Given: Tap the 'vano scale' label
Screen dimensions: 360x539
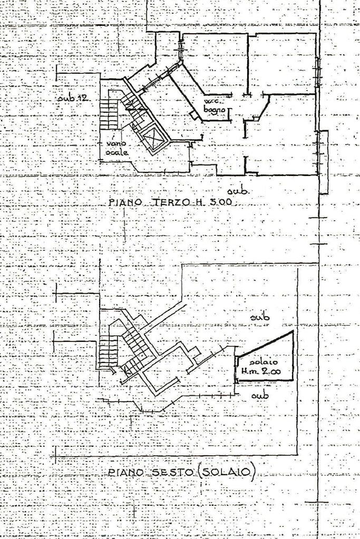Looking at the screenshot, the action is click(116, 148).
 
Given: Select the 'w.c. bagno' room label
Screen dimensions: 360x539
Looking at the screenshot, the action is click(215, 105).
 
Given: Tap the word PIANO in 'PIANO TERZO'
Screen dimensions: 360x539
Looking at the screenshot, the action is click(125, 202).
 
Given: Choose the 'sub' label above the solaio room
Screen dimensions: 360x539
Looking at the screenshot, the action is click(260, 318).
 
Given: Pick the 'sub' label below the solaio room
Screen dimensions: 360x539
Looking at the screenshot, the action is click(260, 395).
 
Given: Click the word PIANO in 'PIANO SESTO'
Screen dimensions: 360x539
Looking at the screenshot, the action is click(124, 473).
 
